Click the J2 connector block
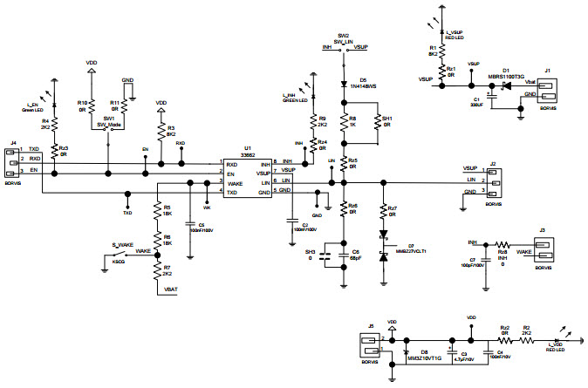(493, 179)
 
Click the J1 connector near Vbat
(549, 90)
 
